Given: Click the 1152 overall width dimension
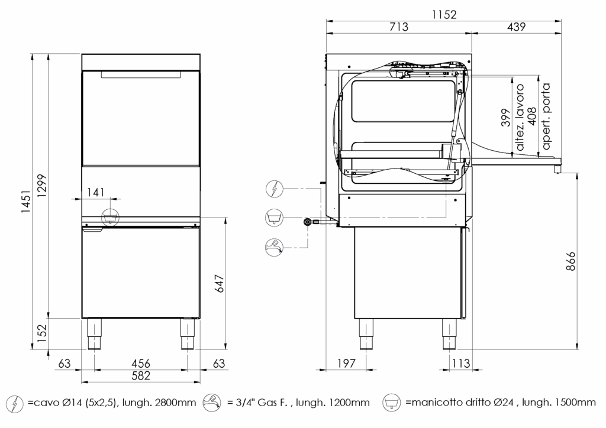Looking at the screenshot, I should pos(444,15).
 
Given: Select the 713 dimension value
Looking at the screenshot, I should pos(398,27).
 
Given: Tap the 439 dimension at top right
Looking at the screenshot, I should pos(517,27).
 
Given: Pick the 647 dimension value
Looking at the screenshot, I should pos(219,284).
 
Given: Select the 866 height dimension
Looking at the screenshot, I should pos(570,261).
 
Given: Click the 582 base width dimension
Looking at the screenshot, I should pos(140,375).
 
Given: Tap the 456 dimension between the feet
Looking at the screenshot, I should pos(140,363).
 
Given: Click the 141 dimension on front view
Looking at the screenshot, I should pos(95,192).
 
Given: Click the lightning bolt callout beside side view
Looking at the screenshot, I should pos(274,189).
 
